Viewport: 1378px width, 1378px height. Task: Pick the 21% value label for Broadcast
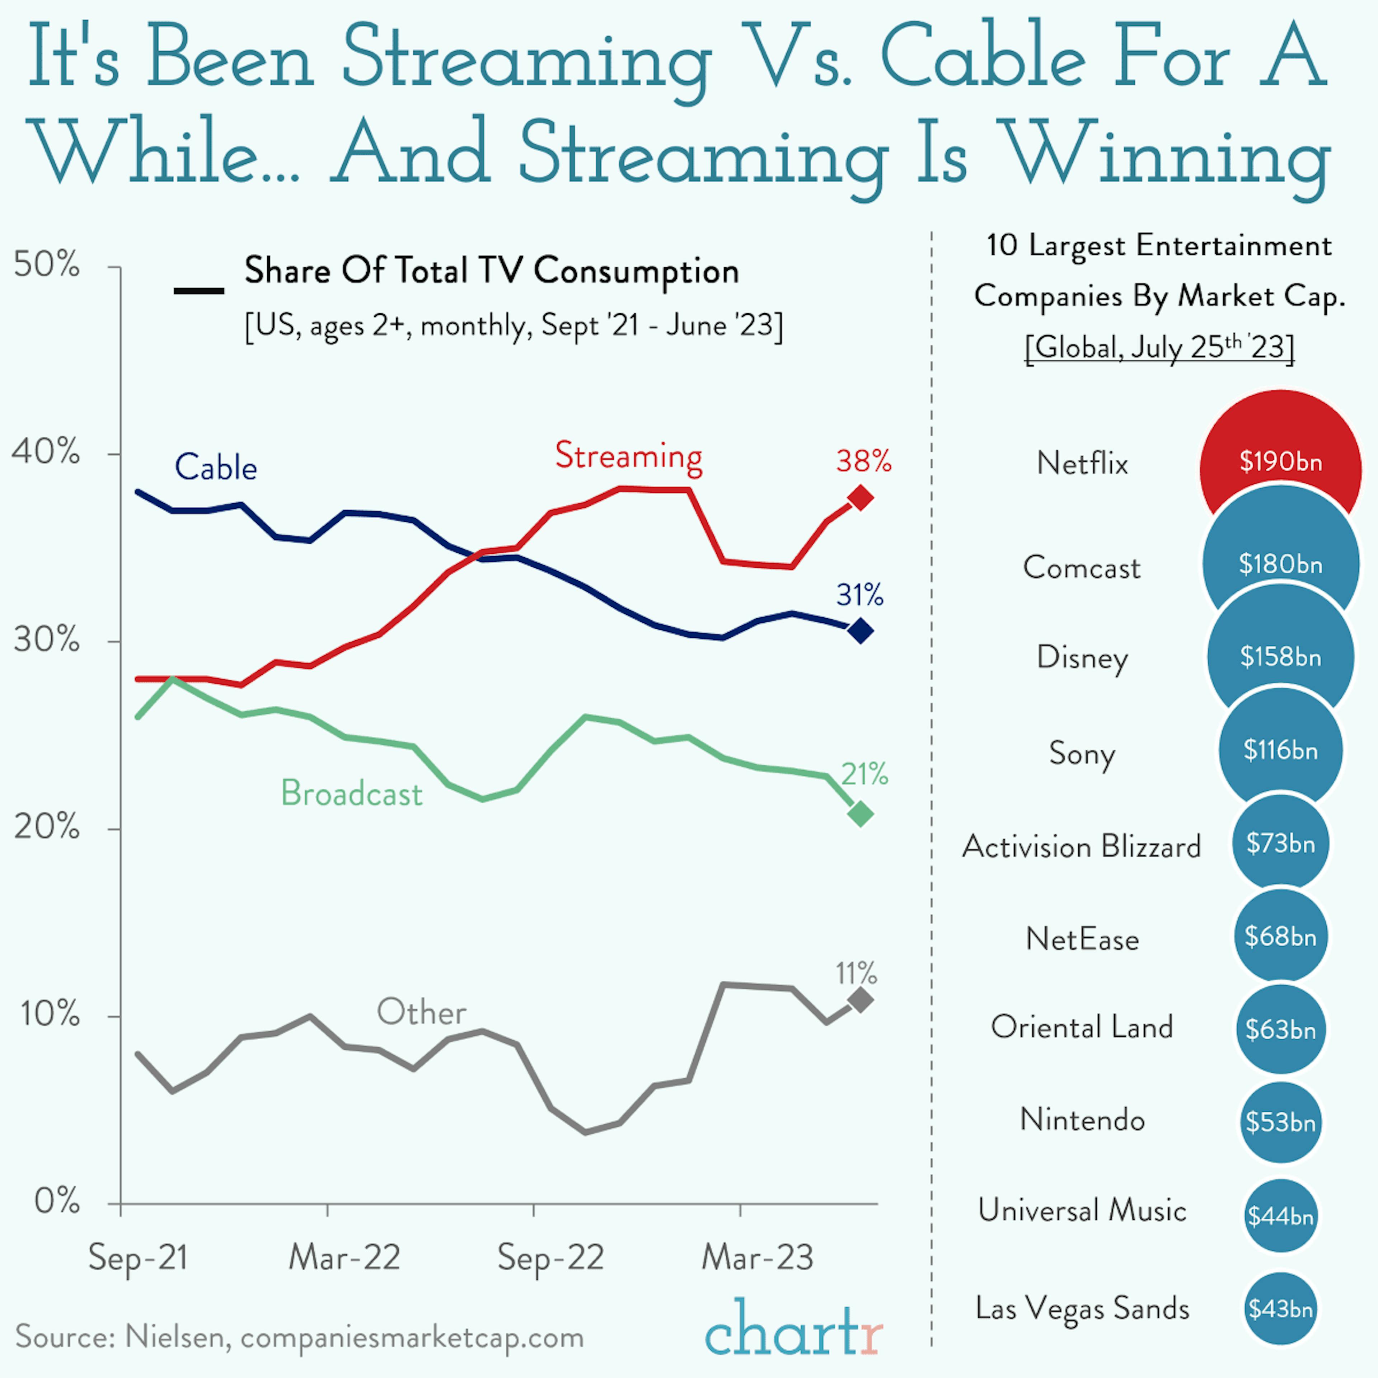[x=864, y=774]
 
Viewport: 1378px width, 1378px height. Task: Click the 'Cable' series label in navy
[x=215, y=468]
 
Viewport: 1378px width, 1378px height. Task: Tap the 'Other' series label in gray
[x=421, y=1012]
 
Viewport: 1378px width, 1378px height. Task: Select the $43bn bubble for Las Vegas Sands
[x=1280, y=1309]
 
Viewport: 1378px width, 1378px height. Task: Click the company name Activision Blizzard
[x=1081, y=847]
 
